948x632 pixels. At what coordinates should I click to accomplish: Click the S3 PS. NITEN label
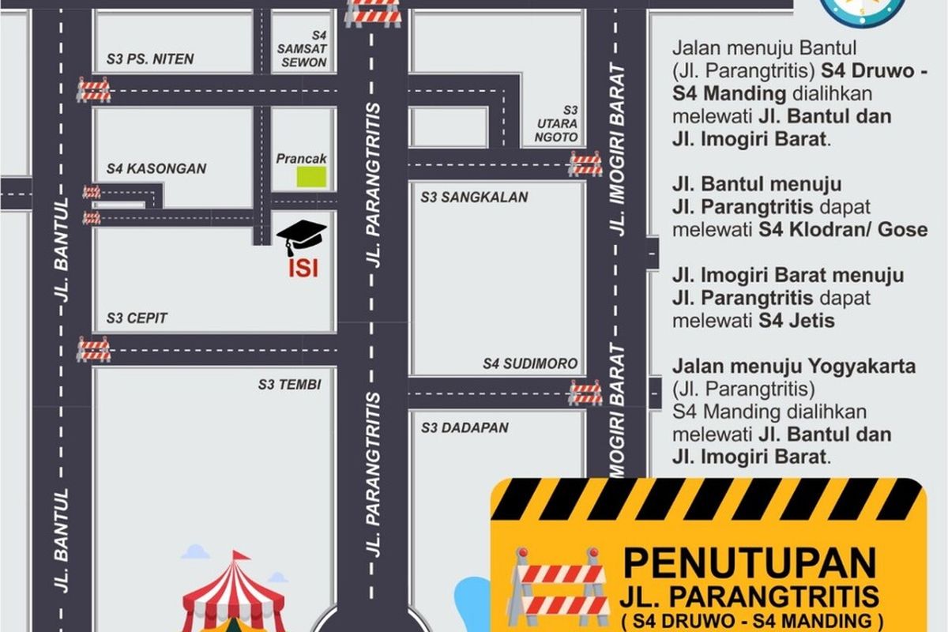point(150,59)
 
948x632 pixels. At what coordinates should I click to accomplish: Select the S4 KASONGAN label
point(156,168)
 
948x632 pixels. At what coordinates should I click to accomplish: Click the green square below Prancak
point(311,177)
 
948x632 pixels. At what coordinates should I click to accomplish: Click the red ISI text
point(303,269)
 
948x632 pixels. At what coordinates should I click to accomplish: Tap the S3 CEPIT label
point(137,318)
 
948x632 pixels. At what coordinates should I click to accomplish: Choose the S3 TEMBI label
point(289,385)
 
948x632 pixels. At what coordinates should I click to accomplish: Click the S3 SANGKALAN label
point(474,197)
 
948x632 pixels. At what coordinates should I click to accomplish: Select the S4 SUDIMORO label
point(531,364)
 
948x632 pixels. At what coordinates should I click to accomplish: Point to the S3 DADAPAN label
point(465,428)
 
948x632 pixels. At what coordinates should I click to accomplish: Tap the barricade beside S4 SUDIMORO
point(585,392)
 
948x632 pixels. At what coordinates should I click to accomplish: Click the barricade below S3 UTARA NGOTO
point(585,164)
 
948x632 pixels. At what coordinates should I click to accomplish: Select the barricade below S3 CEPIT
point(93,348)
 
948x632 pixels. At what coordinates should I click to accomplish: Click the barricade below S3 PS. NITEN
point(93,89)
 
